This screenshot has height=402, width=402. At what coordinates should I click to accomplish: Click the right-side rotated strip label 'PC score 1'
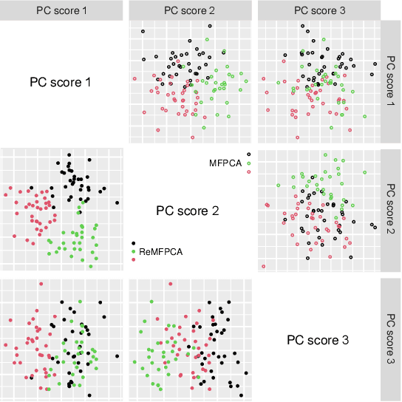click(x=392, y=81)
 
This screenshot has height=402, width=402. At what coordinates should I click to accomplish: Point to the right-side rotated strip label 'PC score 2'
click(x=392, y=211)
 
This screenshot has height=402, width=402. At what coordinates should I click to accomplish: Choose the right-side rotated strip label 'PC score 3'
click(x=392, y=339)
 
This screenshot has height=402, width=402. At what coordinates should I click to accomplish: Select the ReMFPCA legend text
click(x=160, y=251)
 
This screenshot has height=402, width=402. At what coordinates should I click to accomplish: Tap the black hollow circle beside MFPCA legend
click(x=248, y=154)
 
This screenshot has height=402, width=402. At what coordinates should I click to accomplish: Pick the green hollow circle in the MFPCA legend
click(x=249, y=163)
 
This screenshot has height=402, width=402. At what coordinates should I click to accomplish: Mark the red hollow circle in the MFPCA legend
click(x=249, y=171)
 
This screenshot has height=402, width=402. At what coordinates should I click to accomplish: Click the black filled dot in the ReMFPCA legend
click(x=134, y=243)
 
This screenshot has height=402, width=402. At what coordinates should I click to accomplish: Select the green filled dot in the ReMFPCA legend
click(x=134, y=251)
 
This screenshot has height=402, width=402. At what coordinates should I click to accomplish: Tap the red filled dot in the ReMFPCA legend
click(x=134, y=260)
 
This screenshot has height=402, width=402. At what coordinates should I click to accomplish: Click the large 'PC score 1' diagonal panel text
click(x=61, y=81)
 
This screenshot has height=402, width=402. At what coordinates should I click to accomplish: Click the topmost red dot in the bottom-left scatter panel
click(x=41, y=284)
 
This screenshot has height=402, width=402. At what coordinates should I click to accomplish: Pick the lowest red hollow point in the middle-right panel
click(x=263, y=266)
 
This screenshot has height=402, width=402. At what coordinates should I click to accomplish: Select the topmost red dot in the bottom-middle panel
click(x=171, y=284)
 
